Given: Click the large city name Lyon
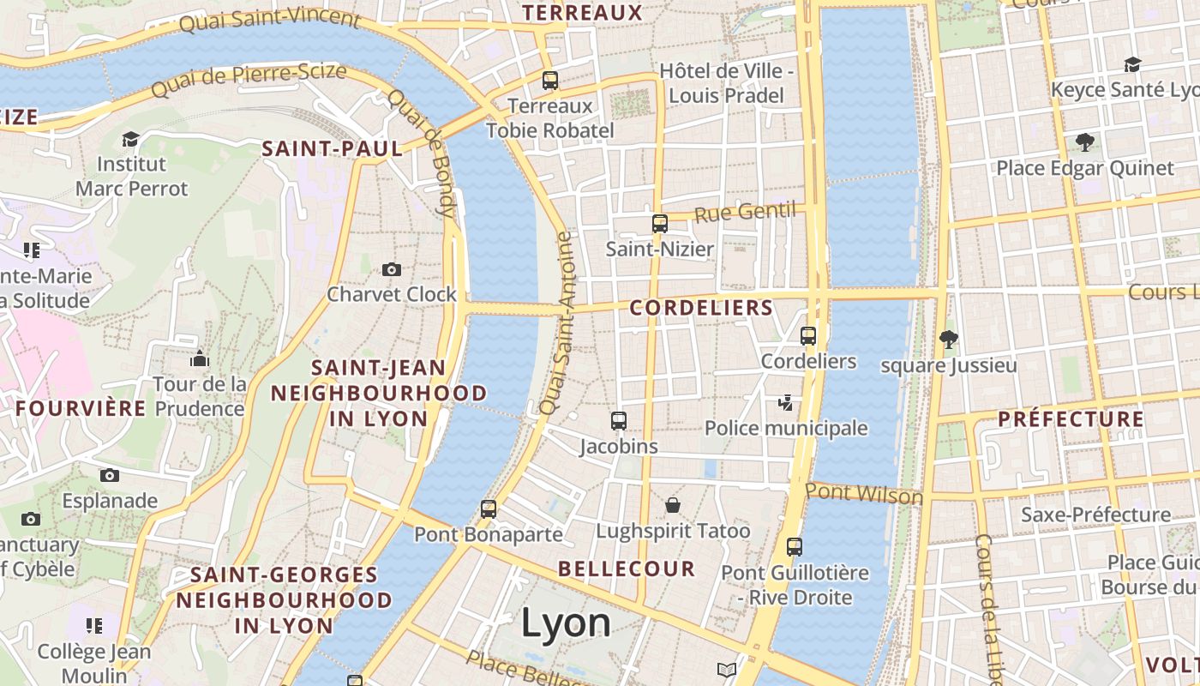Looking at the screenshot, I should pyautogui.click(x=566, y=623).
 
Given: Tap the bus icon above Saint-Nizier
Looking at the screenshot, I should pyautogui.click(x=660, y=224).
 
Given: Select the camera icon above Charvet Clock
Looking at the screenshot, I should pyautogui.click(x=392, y=270).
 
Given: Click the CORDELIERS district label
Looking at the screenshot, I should pyautogui.click(x=701, y=308).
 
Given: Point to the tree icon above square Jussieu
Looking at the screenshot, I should pyautogui.click(x=948, y=340).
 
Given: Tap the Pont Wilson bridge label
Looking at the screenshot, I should pyautogui.click(x=864, y=494).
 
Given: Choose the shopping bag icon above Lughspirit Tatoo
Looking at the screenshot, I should pyautogui.click(x=673, y=505).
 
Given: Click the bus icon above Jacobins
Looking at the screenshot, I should pyautogui.click(x=619, y=421).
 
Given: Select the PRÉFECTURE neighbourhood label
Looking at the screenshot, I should pyautogui.click(x=1071, y=419).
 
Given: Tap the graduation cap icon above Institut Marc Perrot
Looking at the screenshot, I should pyautogui.click(x=130, y=139).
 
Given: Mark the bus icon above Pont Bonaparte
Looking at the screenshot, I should pyautogui.click(x=489, y=509).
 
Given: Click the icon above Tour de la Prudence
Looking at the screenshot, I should pyautogui.click(x=200, y=358).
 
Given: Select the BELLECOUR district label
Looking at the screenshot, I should pyautogui.click(x=627, y=569).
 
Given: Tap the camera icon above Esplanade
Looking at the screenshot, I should pyautogui.click(x=110, y=476).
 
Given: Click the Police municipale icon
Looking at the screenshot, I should pyautogui.click(x=785, y=402).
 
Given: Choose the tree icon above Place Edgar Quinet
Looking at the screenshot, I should pyautogui.click(x=1084, y=142).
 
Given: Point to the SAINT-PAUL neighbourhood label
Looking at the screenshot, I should pyautogui.click(x=332, y=148).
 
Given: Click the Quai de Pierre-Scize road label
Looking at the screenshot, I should pyautogui.click(x=249, y=79).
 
